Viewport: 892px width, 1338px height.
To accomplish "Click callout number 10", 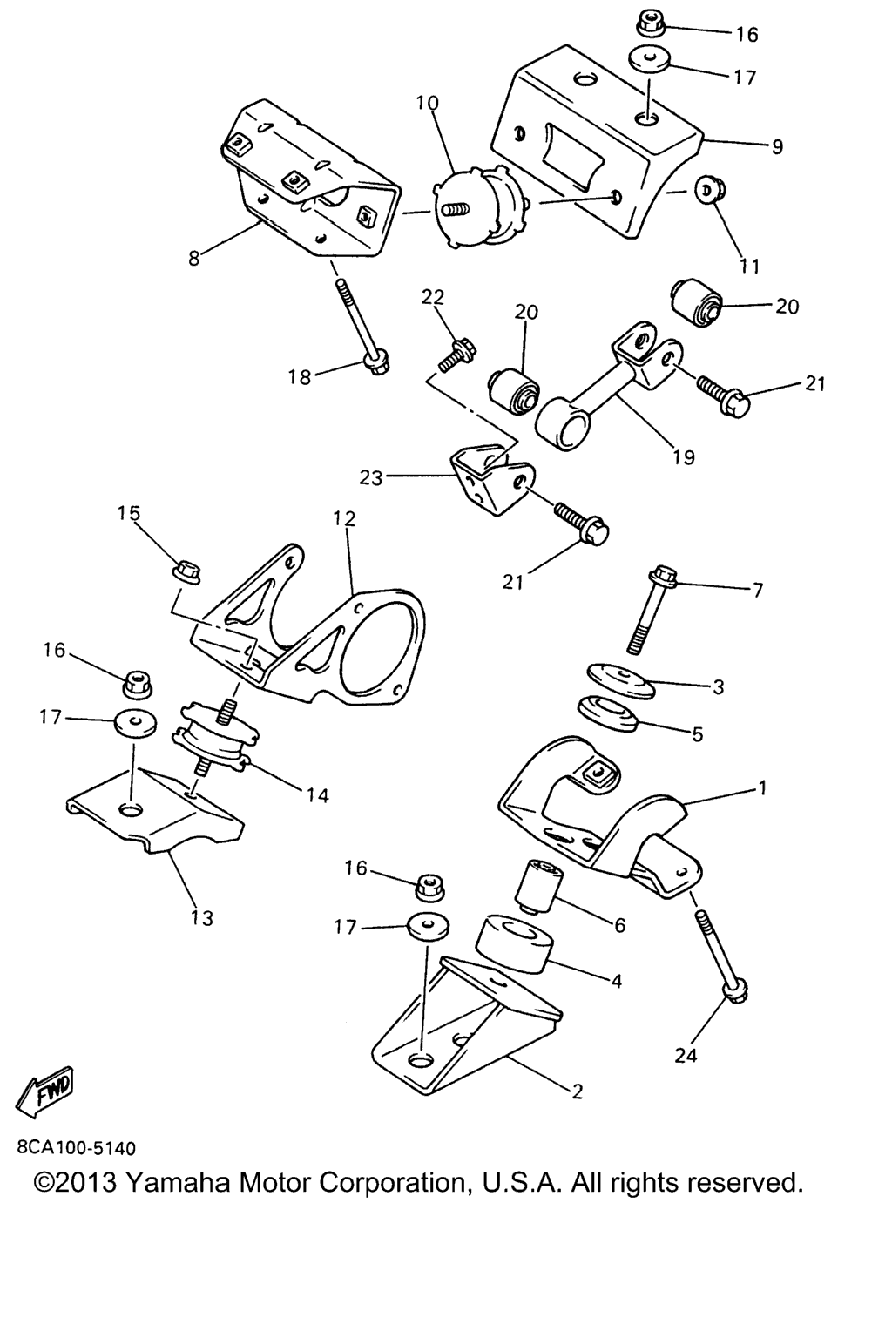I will tap(427, 103).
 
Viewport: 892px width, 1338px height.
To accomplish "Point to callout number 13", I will tap(202, 917).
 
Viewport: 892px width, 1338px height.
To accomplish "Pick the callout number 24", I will tap(686, 1056).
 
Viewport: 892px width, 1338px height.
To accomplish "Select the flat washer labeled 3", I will tap(619, 680).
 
